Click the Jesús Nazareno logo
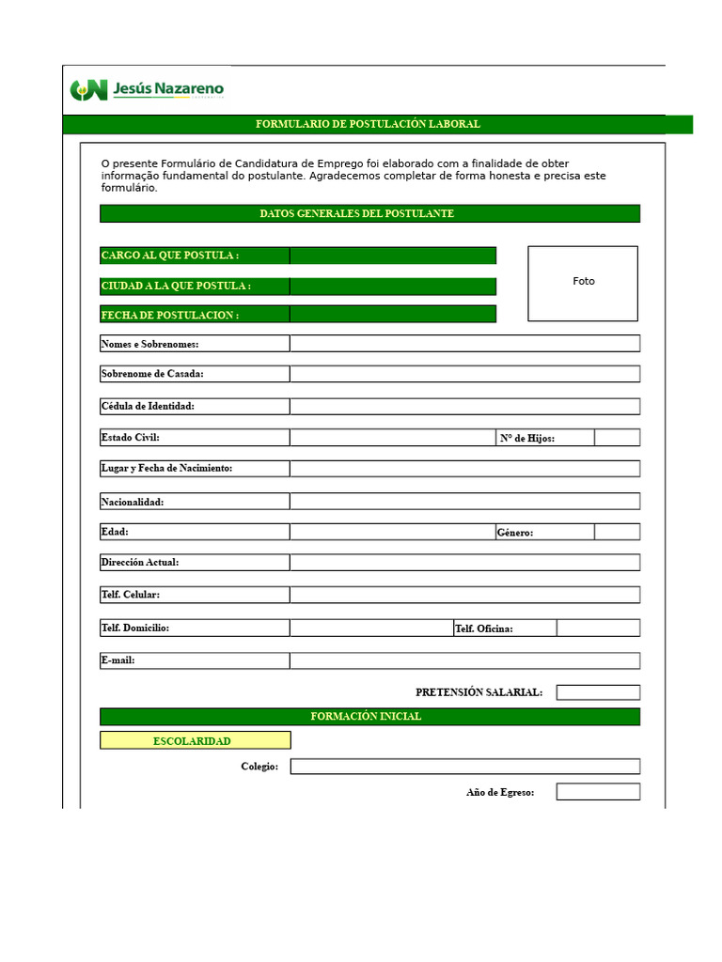pyautogui.click(x=147, y=90)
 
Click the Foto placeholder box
pyautogui.click(x=583, y=283)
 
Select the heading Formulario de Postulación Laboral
pyautogui.click(x=368, y=124)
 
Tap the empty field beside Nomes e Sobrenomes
pyautogui.click(x=464, y=344)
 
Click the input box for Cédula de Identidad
pyautogui.click(x=464, y=406)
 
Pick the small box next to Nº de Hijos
pyautogui.click(x=617, y=438)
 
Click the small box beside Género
pyautogui.click(x=617, y=532)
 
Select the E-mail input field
pyautogui.click(x=464, y=660)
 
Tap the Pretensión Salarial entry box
pyautogui.click(x=598, y=692)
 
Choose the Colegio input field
pyautogui.click(x=464, y=767)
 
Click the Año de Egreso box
pyautogui.click(x=598, y=792)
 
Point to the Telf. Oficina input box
pyautogui.click(x=598, y=628)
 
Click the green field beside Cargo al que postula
pyautogui.click(x=392, y=256)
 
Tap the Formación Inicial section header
pyautogui.click(x=368, y=717)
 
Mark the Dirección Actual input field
pyautogui.click(x=464, y=562)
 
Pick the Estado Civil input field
pyautogui.click(x=392, y=438)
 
